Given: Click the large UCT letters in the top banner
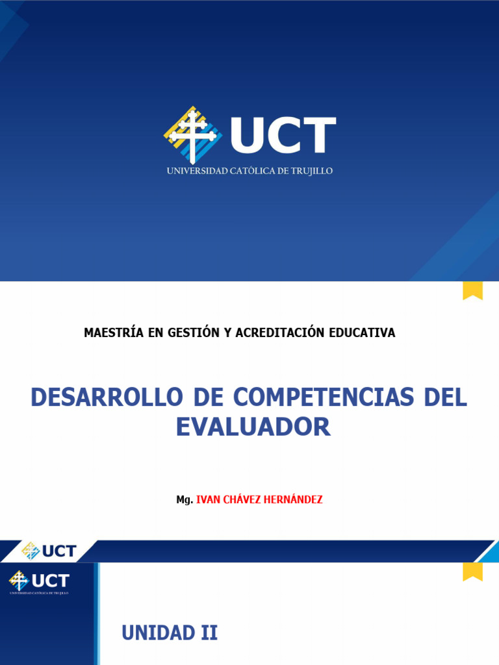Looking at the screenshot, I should coord(283,135).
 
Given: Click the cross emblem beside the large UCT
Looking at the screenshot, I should coord(192,135).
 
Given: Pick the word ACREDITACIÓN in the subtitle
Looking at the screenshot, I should coord(279,332).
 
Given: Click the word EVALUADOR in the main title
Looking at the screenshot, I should coord(253,427).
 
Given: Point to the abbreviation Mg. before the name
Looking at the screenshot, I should coord(185,499).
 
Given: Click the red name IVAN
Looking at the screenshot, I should coord(209,499).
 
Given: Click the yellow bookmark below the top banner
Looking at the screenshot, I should coord(472,290).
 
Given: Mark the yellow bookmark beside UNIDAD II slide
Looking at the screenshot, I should coord(472,571).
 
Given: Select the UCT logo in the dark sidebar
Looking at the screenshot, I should coord(39,581).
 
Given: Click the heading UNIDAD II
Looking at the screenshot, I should coord(170,633).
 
